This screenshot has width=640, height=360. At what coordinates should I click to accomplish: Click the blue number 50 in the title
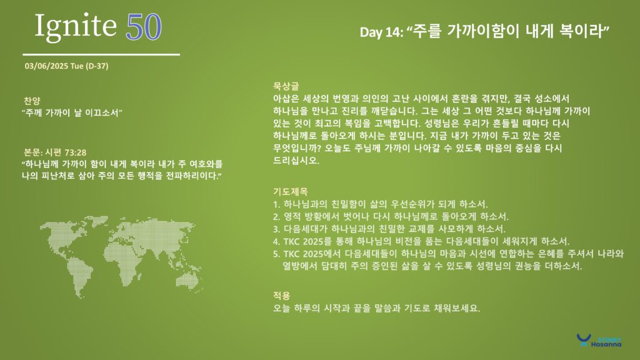(x=144, y=27)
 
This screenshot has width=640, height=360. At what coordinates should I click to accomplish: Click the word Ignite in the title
(x=76, y=27)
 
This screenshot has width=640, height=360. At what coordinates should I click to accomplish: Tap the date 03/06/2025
(x=46, y=66)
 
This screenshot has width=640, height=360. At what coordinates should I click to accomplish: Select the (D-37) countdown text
(x=97, y=66)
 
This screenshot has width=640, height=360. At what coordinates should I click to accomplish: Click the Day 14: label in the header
(x=382, y=32)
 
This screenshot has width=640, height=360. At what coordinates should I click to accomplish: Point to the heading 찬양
(x=32, y=101)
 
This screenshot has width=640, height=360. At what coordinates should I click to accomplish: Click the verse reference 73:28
(x=76, y=152)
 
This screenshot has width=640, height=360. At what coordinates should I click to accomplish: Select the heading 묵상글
(x=286, y=86)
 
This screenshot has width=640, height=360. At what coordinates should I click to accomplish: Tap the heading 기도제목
(x=290, y=191)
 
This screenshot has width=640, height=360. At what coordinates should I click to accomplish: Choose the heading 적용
(x=282, y=296)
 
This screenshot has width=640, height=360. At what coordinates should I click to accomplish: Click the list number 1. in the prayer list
(x=276, y=204)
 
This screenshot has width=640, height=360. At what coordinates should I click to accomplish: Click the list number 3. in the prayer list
(x=277, y=229)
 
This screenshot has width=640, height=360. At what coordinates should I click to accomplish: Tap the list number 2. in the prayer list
(x=277, y=217)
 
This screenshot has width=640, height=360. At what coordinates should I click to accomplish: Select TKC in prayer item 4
(x=292, y=242)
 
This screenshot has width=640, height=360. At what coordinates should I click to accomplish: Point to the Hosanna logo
(x=599, y=341)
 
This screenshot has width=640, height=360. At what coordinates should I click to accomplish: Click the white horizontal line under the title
(x=101, y=54)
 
